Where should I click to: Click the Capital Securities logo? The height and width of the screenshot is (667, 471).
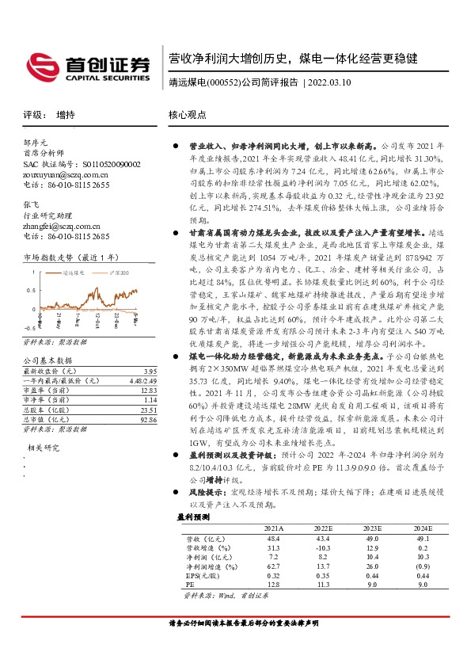[x=86, y=66]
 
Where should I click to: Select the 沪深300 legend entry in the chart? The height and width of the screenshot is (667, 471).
[x=119, y=272]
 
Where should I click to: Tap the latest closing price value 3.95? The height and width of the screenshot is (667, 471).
[x=150, y=372]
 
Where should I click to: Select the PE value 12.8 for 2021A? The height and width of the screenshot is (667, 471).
[x=273, y=585]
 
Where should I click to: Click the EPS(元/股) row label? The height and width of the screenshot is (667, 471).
[x=203, y=576]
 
